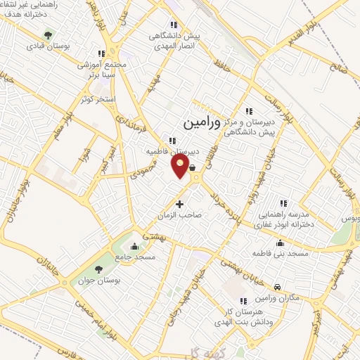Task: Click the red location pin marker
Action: (180, 166)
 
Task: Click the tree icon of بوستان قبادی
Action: (48, 34)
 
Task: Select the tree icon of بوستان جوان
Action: (98, 269)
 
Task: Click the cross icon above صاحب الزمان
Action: (179, 205)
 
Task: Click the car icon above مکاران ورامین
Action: (278, 287)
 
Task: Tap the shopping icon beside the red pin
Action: (192, 167)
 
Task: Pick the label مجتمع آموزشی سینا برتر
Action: (103, 69)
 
